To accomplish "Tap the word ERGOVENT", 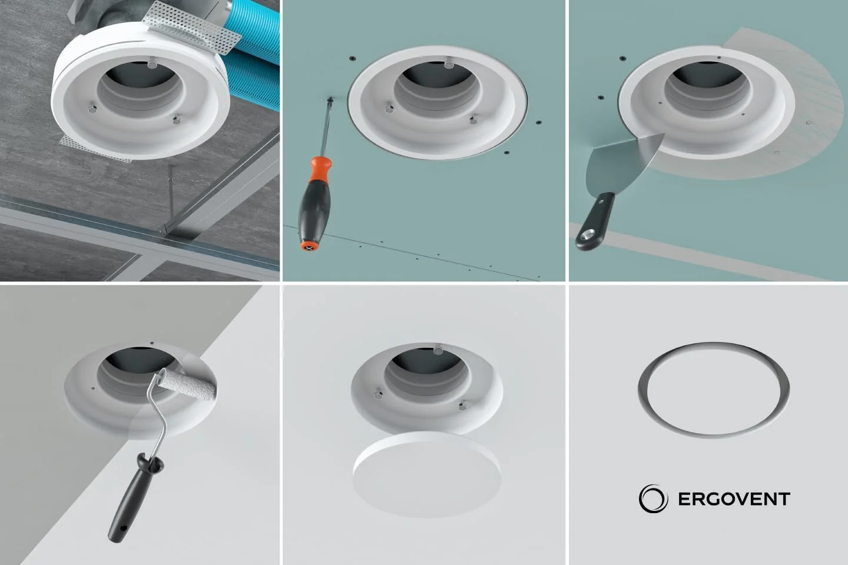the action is point(734,499).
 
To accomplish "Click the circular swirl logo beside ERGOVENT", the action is point(653,498).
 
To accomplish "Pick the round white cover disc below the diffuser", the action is point(427,474).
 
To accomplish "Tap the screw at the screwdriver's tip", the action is point(330,100).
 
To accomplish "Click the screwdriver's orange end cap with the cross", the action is point(310,247).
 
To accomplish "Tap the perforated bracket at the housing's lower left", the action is point(95,149).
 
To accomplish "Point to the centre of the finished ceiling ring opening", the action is point(713,390).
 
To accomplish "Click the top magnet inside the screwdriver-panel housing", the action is point(449,65).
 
